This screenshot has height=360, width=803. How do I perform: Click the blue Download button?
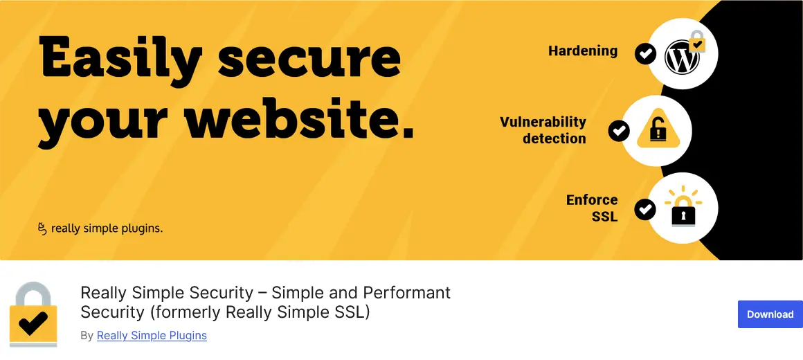[770, 314]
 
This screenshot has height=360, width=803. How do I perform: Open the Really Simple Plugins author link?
[152, 336]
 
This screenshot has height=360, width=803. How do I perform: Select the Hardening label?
[582, 51]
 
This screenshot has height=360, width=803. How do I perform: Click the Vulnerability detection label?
[543, 130]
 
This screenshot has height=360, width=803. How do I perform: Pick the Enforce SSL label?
[592, 208]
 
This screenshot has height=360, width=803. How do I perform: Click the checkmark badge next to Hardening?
[645, 53]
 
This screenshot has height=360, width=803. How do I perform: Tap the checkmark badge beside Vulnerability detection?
[618, 130]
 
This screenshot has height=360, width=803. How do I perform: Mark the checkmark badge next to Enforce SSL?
[645, 208]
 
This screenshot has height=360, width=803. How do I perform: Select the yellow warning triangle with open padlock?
[656, 130]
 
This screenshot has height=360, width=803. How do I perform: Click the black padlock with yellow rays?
[683, 210]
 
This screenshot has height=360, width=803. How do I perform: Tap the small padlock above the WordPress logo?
[697, 41]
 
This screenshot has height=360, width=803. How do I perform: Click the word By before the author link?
[87, 336]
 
